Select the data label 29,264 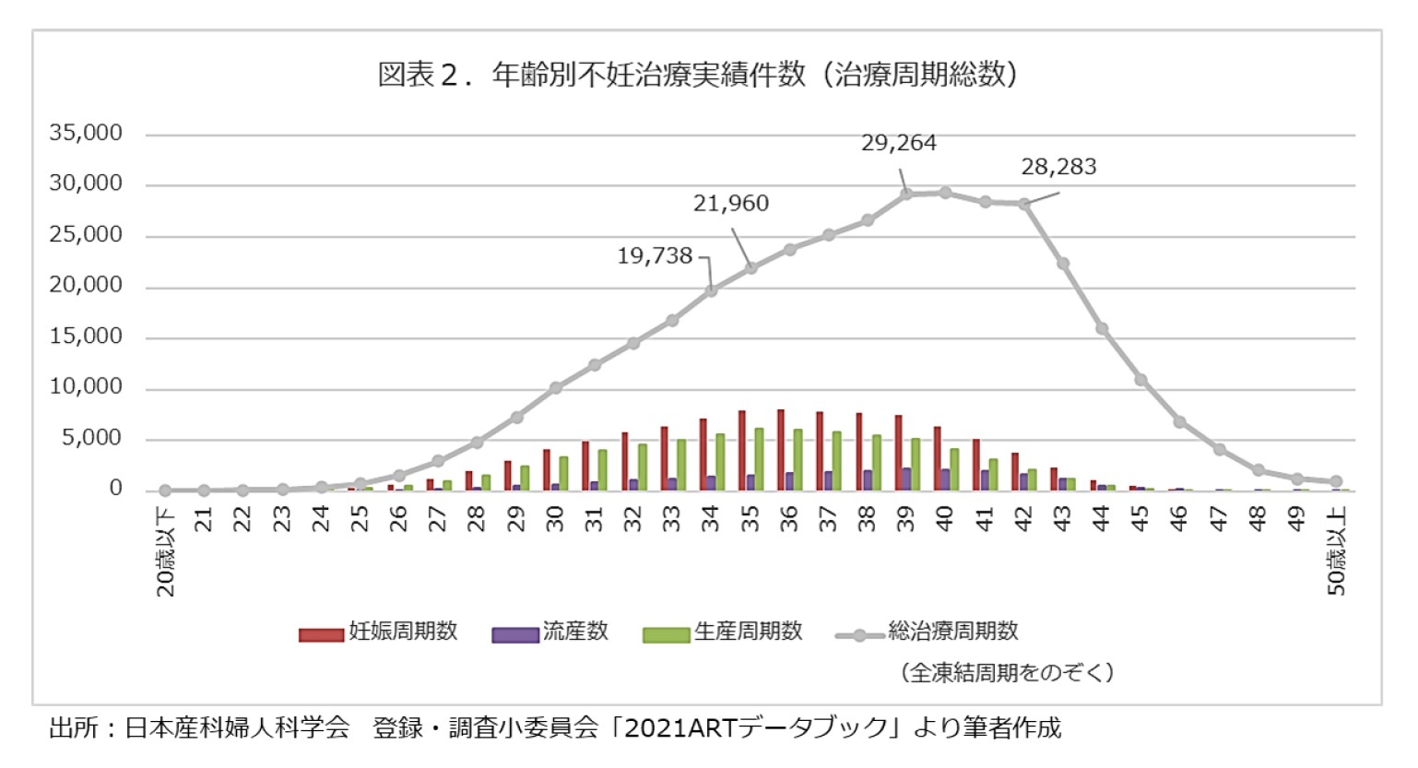pyautogui.click(x=898, y=143)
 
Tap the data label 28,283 pyautogui.click(x=1058, y=167)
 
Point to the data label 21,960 pyautogui.click(x=730, y=203)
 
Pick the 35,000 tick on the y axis pyautogui.click(x=86, y=133)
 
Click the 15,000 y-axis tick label pyautogui.click(x=86, y=337)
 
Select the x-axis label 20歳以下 pyautogui.click(x=165, y=550)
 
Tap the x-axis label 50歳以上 pyautogui.click(x=1336, y=550)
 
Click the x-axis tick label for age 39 pyautogui.click(x=905, y=520)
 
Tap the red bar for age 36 pyautogui.click(x=780, y=450)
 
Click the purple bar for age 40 pyautogui.click(x=945, y=479)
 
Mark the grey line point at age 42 pyautogui.click(x=1023, y=204)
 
